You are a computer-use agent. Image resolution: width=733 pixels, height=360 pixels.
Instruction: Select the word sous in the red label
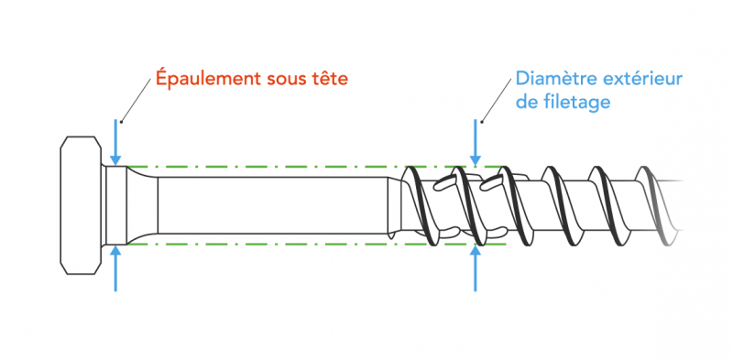tap(285, 80)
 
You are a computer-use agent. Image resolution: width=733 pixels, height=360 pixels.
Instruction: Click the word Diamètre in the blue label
tap(552, 80)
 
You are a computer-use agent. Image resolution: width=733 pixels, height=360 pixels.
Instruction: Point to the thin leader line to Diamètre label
tap(496, 100)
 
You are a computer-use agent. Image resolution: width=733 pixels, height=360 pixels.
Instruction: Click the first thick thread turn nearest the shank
tap(417, 207)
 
